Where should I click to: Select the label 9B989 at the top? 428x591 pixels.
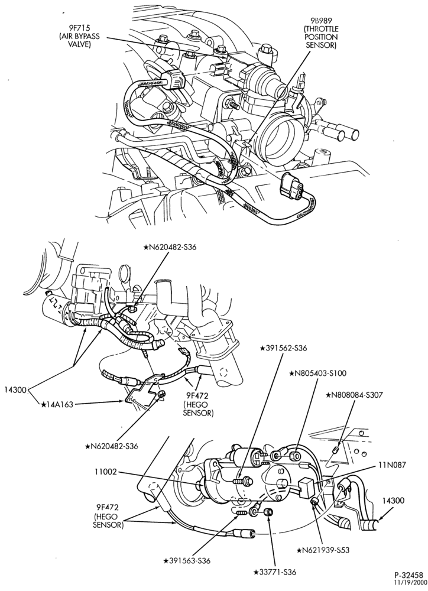[320, 21]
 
